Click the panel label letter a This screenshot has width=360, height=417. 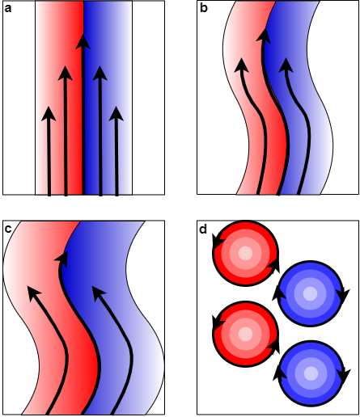click(x=8, y=9)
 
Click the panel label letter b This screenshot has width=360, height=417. click(x=204, y=8)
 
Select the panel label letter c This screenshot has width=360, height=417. click(x=8, y=230)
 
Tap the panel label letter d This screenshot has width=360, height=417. click(x=203, y=229)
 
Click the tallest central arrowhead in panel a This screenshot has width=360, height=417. click(x=83, y=42)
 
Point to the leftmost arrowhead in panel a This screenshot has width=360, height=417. click(x=49, y=114)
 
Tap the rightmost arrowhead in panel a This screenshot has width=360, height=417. click(x=116, y=114)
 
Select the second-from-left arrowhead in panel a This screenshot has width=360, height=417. click(x=66, y=74)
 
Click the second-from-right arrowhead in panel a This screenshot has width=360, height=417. click(x=100, y=74)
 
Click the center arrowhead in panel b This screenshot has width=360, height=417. click(x=264, y=35)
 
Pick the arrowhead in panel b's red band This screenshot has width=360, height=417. click(x=242, y=65)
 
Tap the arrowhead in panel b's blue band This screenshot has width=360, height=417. click(x=286, y=65)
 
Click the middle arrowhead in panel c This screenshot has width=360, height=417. click(x=62, y=259)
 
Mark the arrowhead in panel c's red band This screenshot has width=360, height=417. click(x=35, y=293)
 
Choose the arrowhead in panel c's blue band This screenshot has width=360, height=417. click(x=100, y=293)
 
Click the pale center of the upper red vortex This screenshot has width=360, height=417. click(x=245, y=253)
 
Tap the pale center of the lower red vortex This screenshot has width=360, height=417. click(x=245, y=334)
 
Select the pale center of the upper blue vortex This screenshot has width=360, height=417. click(x=310, y=293)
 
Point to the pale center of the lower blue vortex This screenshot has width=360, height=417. click(x=311, y=373)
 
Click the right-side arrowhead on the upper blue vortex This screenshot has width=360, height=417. click(x=343, y=296)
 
